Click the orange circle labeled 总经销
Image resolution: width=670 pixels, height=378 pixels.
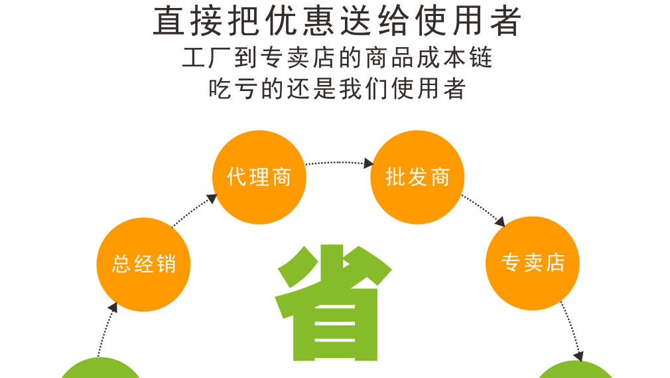coord(143,264)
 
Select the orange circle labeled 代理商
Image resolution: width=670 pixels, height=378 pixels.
coord(259,177)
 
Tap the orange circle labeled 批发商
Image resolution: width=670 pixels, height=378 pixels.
coord(417,177)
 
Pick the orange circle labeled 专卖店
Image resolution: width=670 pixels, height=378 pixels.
coord(533,263)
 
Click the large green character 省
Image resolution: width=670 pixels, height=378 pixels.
coord(333,303)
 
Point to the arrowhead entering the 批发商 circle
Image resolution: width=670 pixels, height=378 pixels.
coord(368,163)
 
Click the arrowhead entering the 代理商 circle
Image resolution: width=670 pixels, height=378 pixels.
coord(212,199)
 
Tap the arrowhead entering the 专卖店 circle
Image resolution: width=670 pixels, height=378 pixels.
coord(500,222)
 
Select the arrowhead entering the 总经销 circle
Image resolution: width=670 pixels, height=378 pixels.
coord(113,308)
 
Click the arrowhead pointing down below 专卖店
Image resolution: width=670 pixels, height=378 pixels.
coord(578,356)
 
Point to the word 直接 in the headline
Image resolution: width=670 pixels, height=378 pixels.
coord(187,21)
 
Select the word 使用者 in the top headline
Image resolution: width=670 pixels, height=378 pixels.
coord(468,21)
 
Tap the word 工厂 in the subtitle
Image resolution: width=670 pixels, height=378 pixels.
coord(207,58)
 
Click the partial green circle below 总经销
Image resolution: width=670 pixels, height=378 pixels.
coord(101,368)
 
